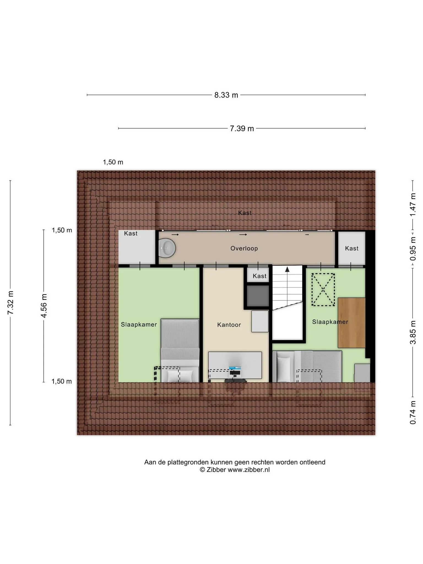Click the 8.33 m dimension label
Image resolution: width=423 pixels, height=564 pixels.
click(226, 95)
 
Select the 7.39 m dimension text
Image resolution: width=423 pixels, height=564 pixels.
click(242, 129)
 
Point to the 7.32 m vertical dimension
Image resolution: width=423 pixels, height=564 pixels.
click(10, 303)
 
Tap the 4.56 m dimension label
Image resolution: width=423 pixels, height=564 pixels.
click(44, 306)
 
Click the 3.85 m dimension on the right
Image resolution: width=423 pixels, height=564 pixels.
click(413, 332)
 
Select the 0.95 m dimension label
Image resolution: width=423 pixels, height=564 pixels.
click(413, 249)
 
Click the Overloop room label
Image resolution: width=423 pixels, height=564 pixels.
click(244, 248)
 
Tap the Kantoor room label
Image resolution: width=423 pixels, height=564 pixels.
click(229, 325)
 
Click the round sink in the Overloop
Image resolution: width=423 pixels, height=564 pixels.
click(167, 248)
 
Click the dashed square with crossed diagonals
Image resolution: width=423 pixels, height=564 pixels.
click(323, 289)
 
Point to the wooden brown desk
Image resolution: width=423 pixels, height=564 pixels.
click(351, 322)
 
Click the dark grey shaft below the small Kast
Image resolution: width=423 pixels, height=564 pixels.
click(258, 296)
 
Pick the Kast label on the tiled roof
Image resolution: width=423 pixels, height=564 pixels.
click(245, 213)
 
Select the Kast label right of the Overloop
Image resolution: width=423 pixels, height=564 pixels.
click(352, 248)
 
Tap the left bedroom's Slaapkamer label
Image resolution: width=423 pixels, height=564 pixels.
click(139, 325)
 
